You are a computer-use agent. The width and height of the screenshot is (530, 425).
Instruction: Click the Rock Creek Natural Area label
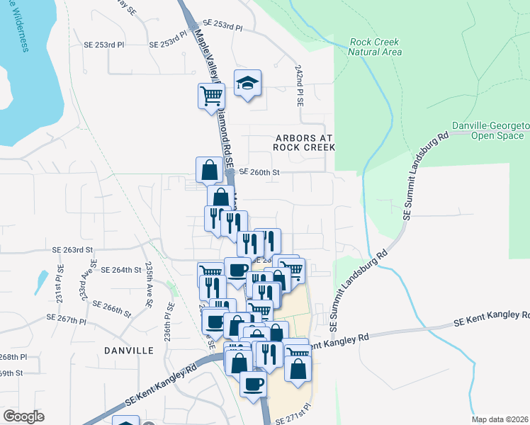point(376,47)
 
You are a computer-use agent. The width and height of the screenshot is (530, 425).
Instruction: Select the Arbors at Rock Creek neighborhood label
point(303,142)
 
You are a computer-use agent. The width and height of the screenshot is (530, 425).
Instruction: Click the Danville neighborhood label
point(128,351)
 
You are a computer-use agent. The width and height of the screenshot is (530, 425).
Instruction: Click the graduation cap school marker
point(247,84)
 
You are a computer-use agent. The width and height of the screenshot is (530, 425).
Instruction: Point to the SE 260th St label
point(260,172)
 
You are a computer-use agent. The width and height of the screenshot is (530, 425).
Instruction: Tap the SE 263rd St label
point(73,250)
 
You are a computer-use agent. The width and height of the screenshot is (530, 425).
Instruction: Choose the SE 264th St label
point(121,270)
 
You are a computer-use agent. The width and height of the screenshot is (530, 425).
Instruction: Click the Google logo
point(23,416)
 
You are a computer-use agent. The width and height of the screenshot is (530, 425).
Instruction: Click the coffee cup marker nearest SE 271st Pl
point(253,385)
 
